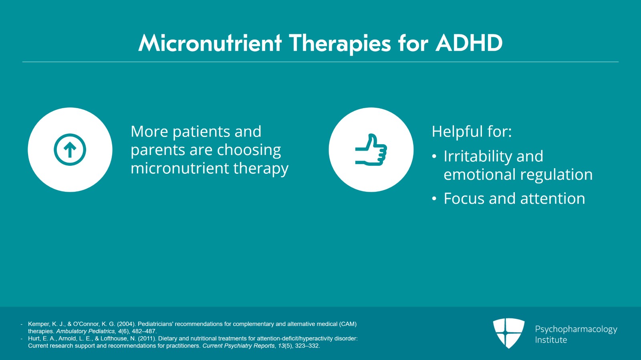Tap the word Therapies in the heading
coord(339,43)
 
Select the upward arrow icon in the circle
coord(70,150)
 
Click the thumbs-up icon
coord(371,150)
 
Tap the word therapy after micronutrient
coord(261,169)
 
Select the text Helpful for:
coord(472,132)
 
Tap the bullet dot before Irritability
coord(434,157)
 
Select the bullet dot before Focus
coord(434,199)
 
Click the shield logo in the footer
coord(508,333)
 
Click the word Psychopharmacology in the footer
coord(576,329)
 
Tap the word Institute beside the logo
coord(551,340)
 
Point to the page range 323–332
coord(307,346)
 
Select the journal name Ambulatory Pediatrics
coord(86,331)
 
